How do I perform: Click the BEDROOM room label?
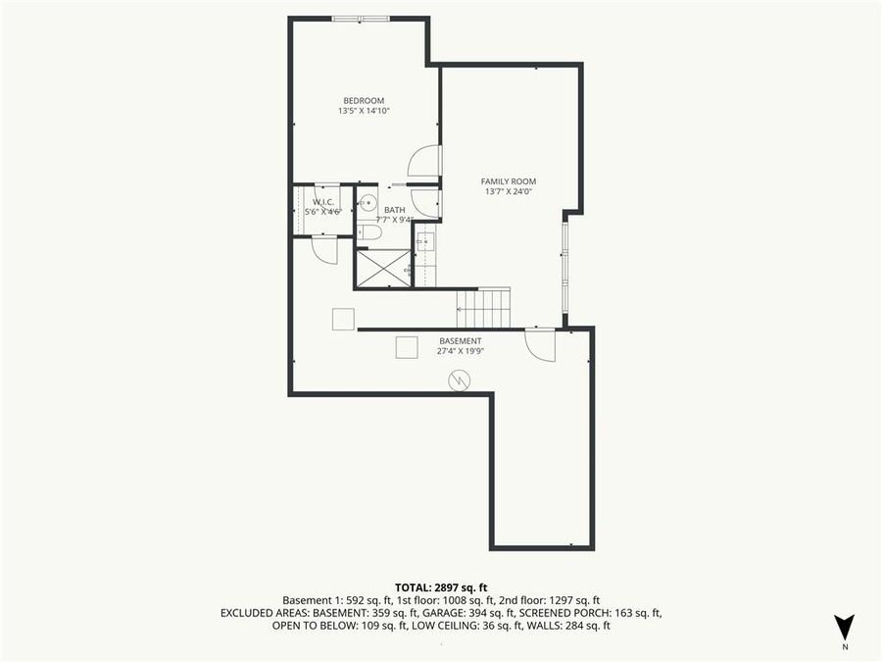pos(363,100)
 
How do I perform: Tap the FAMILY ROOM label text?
pos(508,181)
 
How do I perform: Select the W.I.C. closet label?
pos(323,201)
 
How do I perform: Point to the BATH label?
pos(394,210)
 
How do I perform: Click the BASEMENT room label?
pos(460,340)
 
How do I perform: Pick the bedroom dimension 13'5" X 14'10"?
pos(363,111)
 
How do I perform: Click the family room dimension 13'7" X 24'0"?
pos(508,192)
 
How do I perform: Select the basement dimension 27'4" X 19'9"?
pos(460,351)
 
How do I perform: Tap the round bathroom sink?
pos(366,204)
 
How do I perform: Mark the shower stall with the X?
pos(380,268)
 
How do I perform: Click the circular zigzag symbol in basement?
pos(459,380)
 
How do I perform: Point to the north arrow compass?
pos(844,629)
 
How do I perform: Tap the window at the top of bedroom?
pos(359,19)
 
